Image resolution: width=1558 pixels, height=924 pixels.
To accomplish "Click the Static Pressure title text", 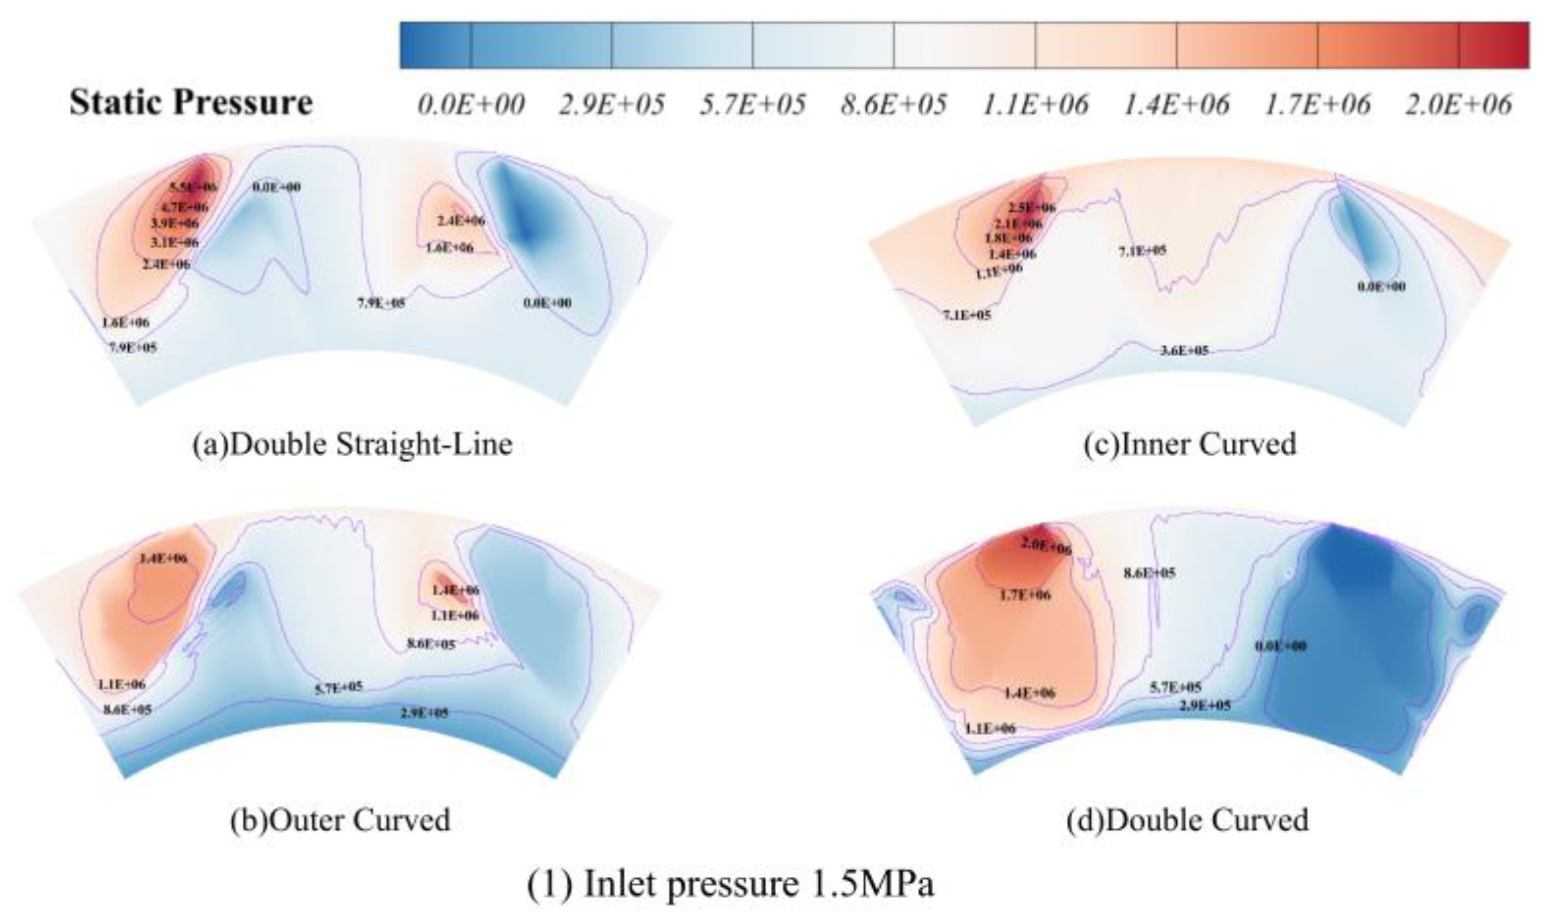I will pos(191,103).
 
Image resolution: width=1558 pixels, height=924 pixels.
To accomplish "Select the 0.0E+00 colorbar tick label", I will pos(470,105).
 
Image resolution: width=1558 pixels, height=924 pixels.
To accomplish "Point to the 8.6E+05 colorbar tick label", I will pos(893,105).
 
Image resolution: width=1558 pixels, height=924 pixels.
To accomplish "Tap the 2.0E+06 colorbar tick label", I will pos(1458,105).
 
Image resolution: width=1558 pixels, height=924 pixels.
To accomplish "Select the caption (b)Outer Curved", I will pos(340,820).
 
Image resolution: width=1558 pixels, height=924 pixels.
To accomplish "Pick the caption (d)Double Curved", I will pos(1187,820).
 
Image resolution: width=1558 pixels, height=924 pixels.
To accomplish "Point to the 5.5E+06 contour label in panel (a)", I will pos(193,188).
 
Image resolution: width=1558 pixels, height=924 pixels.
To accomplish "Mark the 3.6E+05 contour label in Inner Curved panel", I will pos(1184,351).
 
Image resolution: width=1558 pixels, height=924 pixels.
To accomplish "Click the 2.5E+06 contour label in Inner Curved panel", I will pos(1032,208).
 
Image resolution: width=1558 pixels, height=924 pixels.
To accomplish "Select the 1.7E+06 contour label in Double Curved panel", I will pos(1025,595).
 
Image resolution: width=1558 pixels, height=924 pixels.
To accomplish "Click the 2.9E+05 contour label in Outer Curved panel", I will pos(424,712).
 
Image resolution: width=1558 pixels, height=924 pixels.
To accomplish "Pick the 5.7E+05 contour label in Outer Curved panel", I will pos(338,687).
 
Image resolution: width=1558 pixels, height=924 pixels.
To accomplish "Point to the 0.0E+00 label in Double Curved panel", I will pos(1280,646).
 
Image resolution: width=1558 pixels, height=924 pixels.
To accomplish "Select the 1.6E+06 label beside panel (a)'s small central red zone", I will pos(449,248).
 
